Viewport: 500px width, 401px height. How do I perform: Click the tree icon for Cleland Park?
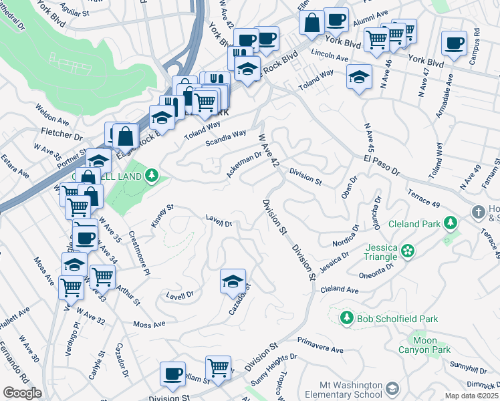tap(451, 222)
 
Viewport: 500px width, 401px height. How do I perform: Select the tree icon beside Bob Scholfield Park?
tap(346, 316)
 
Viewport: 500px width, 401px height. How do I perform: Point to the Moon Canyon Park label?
tap(424, 345)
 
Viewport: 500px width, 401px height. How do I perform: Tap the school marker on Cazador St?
tap(233, 281)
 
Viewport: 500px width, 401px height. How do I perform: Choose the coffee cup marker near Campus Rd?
tap(454, 43)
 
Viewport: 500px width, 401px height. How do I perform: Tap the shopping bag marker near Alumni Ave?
tap(311, 22)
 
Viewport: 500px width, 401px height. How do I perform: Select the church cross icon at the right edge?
tap(477, 212)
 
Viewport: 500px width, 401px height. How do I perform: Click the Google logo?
tap(22, 393)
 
